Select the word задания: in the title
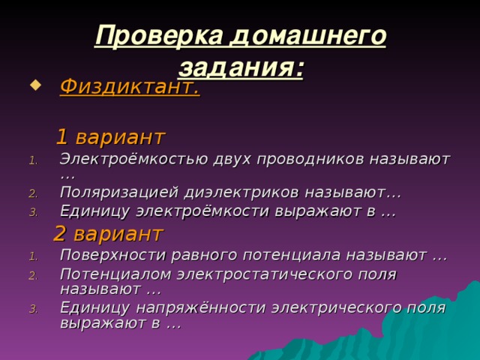pos(241,68)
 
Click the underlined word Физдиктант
pos(129,88)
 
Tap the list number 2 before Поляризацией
pos(32,194)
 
